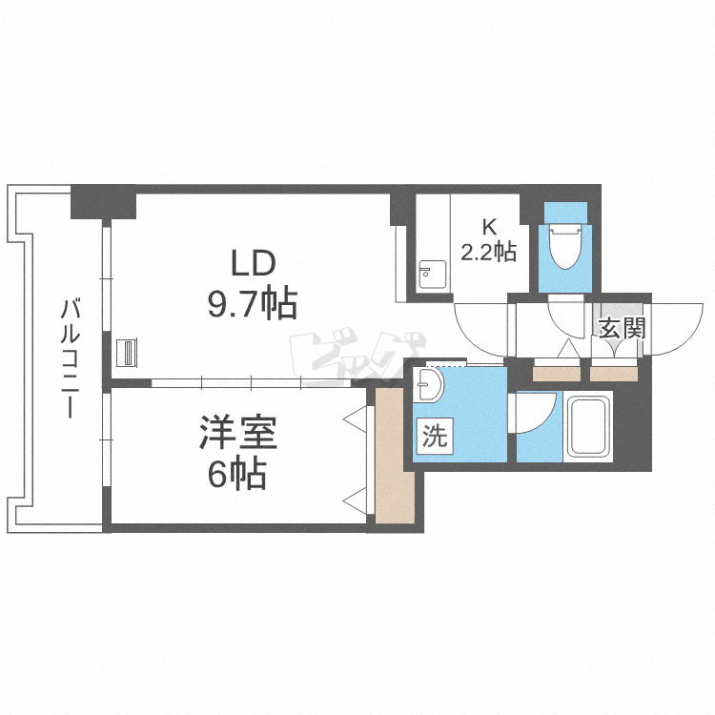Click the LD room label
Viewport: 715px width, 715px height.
(251, 262)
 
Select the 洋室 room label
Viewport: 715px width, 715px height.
(237, 434)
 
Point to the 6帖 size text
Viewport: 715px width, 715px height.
(237, 474)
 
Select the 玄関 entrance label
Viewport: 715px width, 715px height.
(622, 329)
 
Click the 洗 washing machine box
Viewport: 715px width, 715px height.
(434, 438)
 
